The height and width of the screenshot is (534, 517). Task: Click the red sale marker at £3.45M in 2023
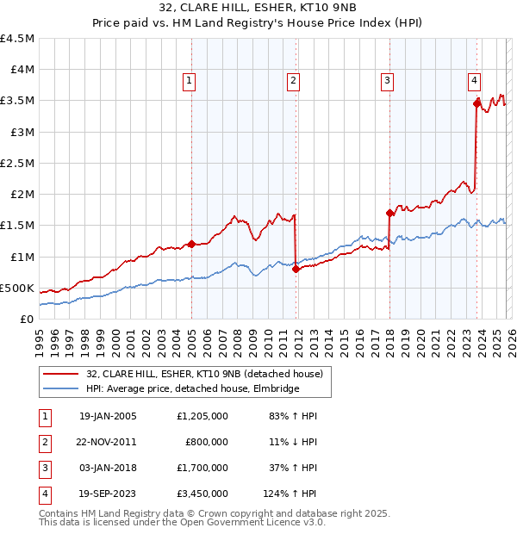tap(477, 103)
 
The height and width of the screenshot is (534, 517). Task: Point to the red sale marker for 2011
tap(296, 269)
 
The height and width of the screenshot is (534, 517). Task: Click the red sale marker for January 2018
tap(389, 213)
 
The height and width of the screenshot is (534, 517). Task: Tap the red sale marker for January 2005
tap(191, 244)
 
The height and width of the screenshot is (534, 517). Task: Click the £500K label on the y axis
tap(16, 288)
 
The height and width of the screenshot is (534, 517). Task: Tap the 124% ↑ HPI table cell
tap(290, 494)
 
